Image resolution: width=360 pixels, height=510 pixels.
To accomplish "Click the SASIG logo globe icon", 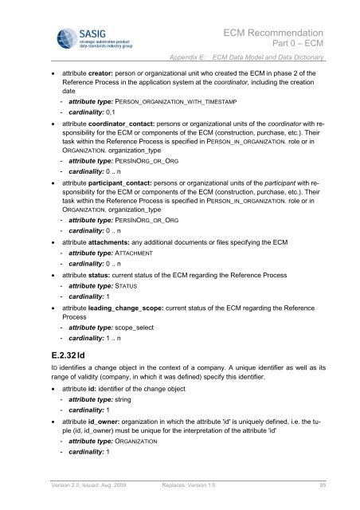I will [46, 36].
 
